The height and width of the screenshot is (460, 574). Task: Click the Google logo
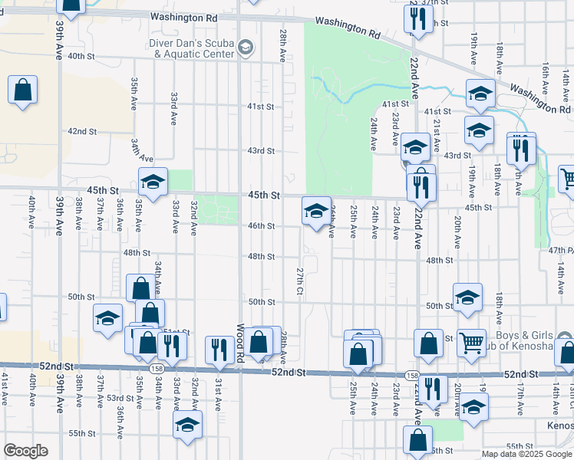pos(25,452)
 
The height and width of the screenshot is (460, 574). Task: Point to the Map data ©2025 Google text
pos(526,454)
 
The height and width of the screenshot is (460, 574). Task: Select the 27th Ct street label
pos(300,284)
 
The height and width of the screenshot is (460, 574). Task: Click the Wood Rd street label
pos(240,342)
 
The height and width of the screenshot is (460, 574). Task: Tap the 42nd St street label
pos(82,131)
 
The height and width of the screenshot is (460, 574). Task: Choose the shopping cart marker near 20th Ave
pos(471,342)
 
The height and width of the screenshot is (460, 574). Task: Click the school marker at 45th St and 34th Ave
pos(153,182)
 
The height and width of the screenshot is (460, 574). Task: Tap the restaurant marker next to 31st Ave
pos(219,350)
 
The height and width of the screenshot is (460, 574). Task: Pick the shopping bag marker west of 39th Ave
pos(22,89)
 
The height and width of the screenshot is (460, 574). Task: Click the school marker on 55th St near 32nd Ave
pos(187,425)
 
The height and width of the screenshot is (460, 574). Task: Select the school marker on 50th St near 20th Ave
pos(467,297)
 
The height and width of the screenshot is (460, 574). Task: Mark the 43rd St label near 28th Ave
pos(260,150)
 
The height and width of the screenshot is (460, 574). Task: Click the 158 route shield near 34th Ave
pos(157,369)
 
